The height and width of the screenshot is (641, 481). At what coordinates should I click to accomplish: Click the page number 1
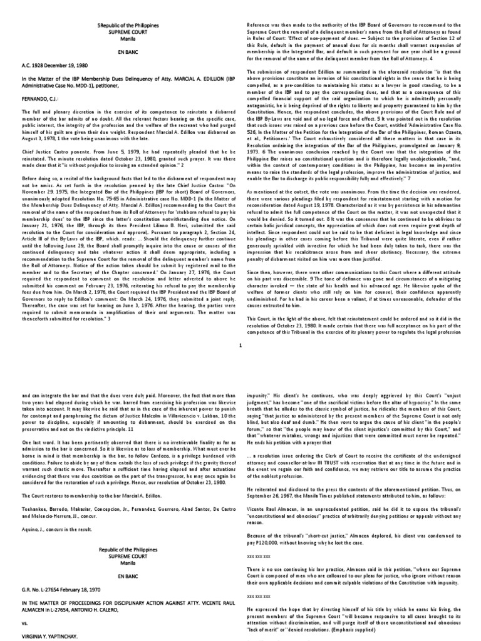tap(240, 344)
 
